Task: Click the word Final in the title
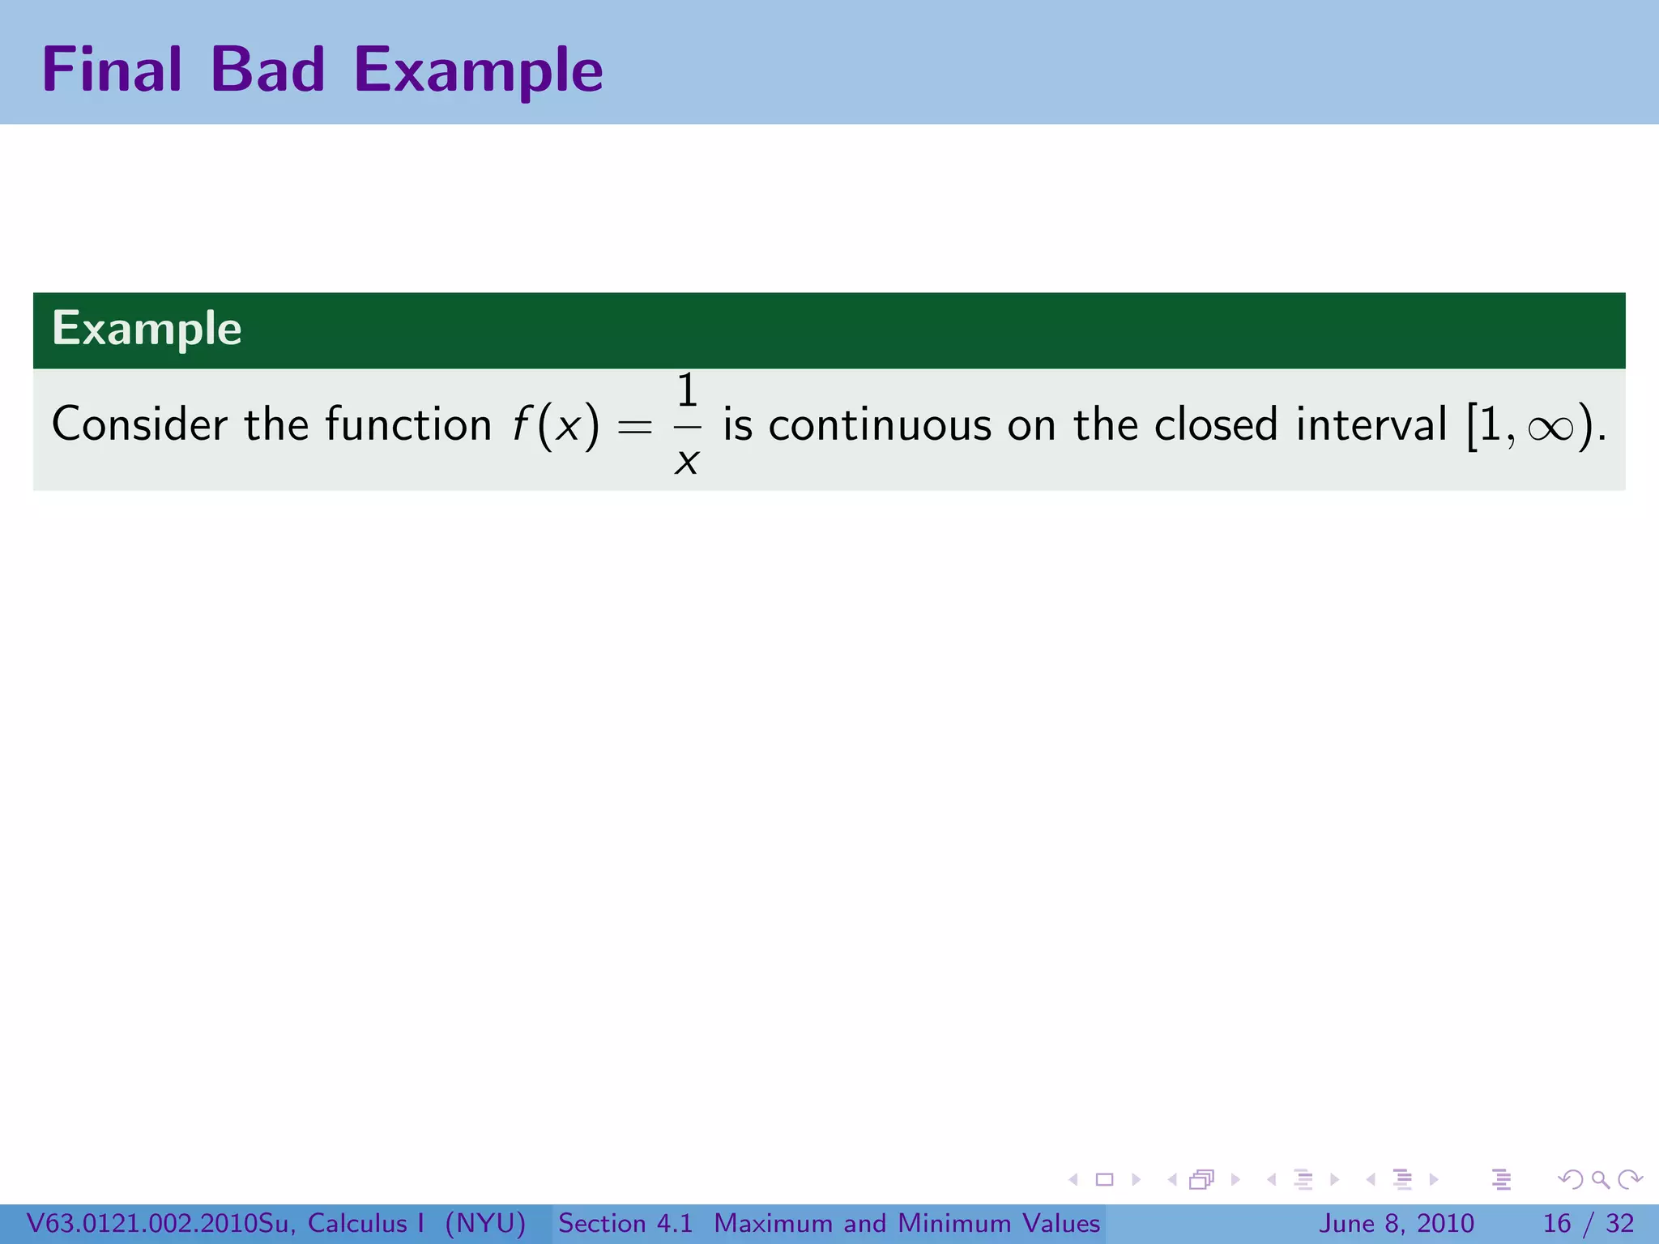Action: point(111,70)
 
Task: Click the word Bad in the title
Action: point(267,70)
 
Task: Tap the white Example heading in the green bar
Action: point(147,329)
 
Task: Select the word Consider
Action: point(139,424)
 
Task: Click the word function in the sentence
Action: point(408,424)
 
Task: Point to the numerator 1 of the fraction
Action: point(687,391)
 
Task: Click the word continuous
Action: point(880,424)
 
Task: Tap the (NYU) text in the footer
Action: point(485,1223)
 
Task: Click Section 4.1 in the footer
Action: point(625,1223)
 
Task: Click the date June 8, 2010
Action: point(1397,1223)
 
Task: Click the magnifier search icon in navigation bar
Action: point(1600,1179)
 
